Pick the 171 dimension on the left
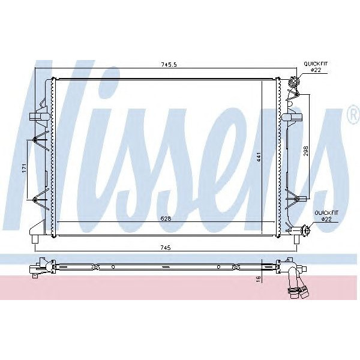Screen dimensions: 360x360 click(x=24, y=168)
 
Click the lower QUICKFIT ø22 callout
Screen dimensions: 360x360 click(x=327, y=215)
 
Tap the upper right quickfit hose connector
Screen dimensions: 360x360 click(x=293, y=82)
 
